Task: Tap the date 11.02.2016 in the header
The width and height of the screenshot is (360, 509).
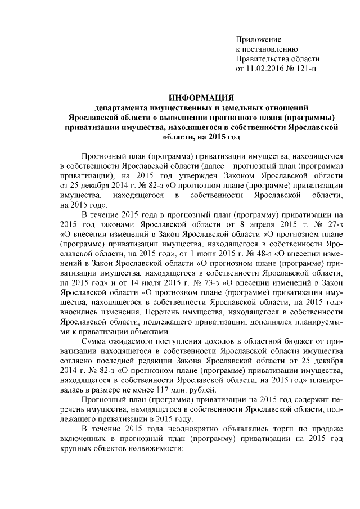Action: [x=267, y=69]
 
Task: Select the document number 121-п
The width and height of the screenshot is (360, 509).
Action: [x=306, y=69]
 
